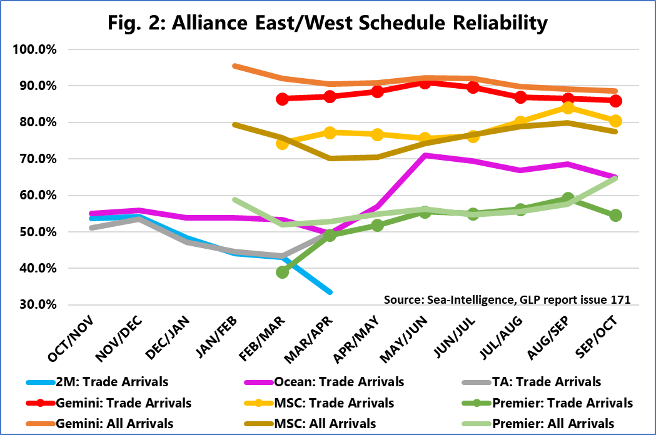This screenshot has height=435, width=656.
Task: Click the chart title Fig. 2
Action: tap(328, 23)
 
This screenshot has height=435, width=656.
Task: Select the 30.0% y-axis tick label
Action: tap(38, 305)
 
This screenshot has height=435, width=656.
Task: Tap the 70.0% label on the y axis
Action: tap(38, 159)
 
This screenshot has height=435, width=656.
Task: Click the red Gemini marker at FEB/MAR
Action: tap(282, 99)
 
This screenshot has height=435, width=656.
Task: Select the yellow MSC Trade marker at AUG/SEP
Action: tap(568, 107)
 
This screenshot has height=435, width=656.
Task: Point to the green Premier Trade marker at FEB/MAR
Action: tap(282, 272)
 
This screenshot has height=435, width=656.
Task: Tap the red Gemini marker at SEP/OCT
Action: tap(615, 101)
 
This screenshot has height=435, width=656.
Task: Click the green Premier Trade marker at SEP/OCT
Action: tap(615, 215)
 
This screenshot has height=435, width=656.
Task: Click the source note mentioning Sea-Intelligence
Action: tap(507, 300)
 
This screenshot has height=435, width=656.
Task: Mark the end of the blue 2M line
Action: tap(330, 292)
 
